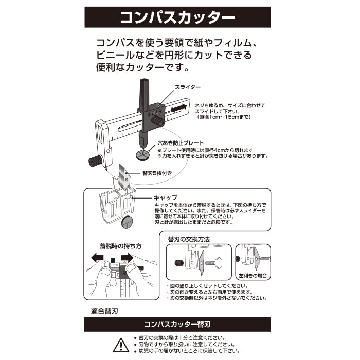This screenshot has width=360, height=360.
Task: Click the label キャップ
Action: (166, 197)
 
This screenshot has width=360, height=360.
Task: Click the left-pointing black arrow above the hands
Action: (97, 257)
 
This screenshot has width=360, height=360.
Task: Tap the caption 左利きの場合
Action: (253, 276)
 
